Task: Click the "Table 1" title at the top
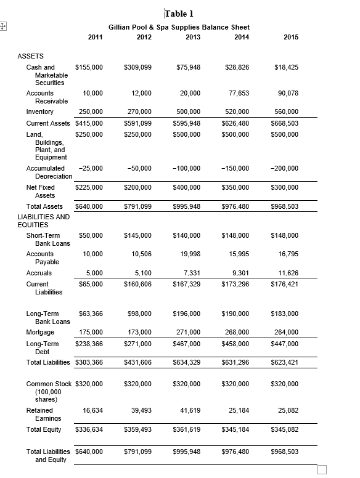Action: (x=180, y=14)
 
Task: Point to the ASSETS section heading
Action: (x=30, y=55)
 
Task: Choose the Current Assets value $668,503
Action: (x=284, y=123)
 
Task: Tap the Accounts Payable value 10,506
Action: (x=141, y=254)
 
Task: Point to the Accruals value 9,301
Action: (x=239, y=273)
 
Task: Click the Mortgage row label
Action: (x=40, y=332)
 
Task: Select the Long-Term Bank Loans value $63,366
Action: (x=89, y=314)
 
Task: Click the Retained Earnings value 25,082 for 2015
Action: (x=288, y=410)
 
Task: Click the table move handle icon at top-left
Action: (x=4, y=26)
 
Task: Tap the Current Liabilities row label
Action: (x=38, y=288)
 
